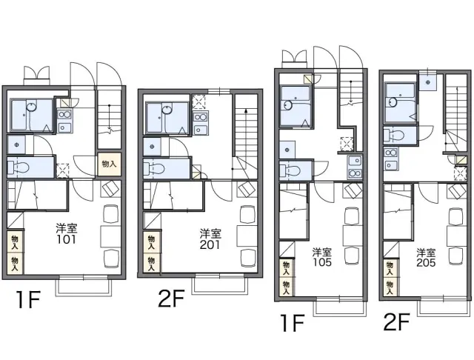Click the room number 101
67,239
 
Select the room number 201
210,244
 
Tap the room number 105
322,262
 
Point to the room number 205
426,262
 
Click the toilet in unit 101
19,167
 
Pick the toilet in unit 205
395,135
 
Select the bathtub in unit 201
167,118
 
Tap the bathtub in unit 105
296,106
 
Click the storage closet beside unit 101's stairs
109,164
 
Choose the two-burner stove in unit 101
64,115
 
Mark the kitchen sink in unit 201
200,130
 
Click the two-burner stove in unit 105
355,173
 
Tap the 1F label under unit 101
28,299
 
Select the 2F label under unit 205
397,322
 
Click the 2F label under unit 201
171,299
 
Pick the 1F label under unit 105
292,323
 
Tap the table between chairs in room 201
247,236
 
